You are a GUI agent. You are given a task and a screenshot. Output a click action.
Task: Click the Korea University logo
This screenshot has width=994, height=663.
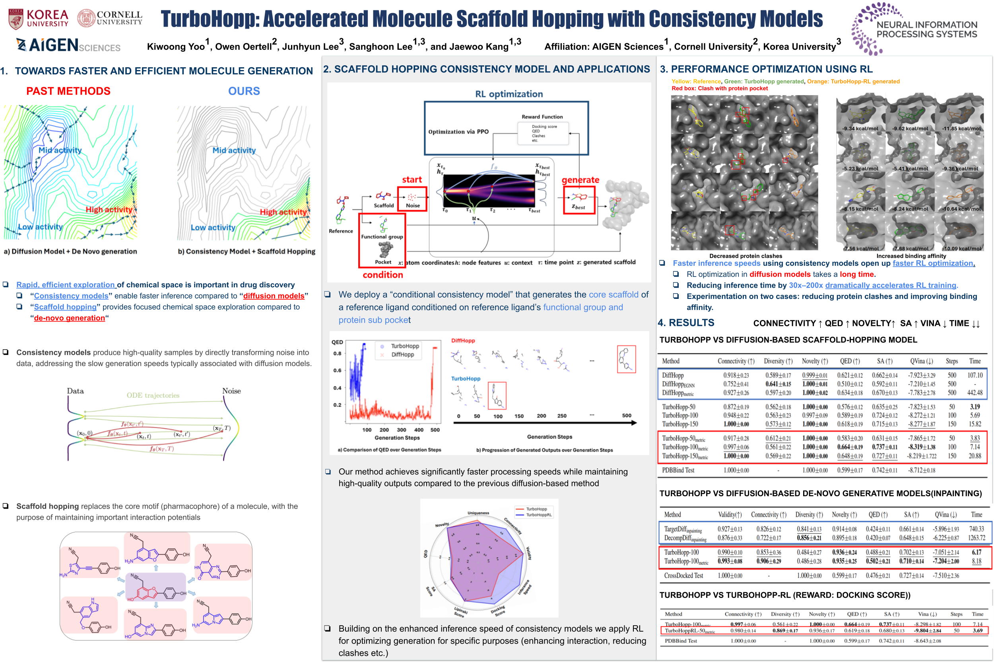38,19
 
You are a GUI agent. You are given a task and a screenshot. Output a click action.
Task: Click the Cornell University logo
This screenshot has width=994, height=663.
110,18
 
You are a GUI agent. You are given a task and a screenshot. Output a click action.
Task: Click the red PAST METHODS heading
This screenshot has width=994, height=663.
68,91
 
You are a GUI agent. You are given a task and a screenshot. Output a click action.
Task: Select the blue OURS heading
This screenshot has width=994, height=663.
244,91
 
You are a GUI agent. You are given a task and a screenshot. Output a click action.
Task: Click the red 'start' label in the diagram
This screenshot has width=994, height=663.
412,179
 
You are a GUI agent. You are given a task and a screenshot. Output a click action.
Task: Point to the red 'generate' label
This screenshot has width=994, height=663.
580,180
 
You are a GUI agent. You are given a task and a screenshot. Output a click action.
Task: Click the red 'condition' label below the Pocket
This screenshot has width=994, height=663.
382,275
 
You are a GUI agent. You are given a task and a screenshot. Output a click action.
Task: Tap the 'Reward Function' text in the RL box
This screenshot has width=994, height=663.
542,117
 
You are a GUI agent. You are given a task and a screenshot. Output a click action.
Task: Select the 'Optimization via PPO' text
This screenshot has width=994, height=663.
458,131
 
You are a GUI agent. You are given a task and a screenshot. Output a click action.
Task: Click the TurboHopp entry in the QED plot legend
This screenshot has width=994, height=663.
404,346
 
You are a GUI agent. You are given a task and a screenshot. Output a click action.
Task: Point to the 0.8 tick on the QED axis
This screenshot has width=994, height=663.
337,353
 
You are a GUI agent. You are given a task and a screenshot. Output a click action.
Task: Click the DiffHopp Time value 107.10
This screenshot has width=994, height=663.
975,375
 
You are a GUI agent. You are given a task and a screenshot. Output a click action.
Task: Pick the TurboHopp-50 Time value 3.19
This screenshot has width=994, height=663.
975,407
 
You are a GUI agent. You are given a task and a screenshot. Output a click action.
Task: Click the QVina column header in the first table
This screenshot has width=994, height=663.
921,361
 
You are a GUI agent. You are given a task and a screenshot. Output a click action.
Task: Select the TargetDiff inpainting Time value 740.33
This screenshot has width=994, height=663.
976,529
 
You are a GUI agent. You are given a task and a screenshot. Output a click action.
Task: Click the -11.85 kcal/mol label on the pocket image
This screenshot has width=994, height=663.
961,129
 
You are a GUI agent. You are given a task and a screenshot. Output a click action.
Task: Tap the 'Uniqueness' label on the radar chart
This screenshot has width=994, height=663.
478,513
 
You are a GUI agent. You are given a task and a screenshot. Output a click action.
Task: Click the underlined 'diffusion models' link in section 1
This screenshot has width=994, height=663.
273,296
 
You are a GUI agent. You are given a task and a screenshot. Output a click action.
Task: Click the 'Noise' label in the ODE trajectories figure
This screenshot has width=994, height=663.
231,391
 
